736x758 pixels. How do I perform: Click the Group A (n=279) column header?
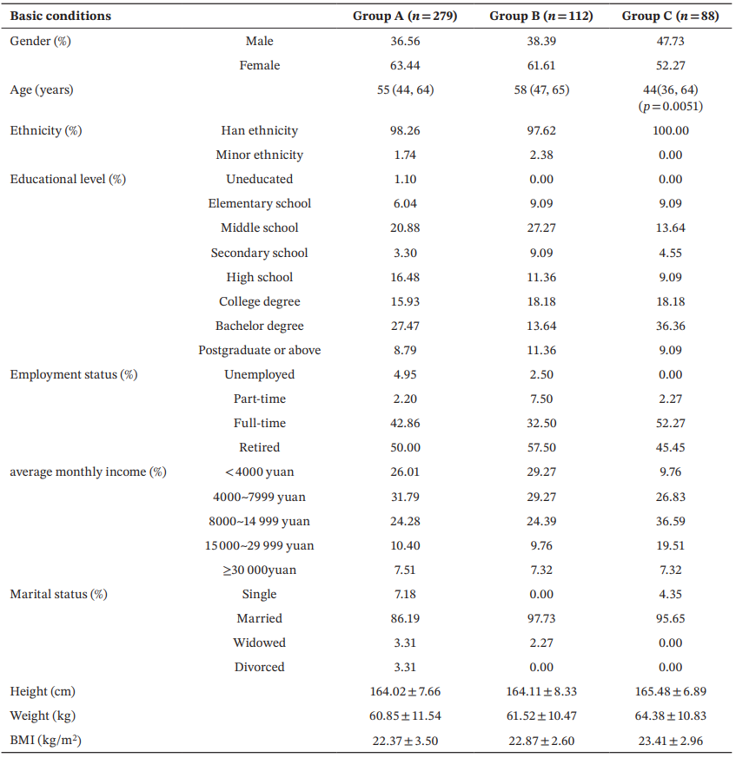tap(405, 16)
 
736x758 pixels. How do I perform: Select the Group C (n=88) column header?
tap(670, 16)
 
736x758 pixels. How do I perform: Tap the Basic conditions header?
tap(61, 16)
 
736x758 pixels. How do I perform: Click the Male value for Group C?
tap(670, 41)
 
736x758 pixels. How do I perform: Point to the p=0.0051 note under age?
tap(670, 106)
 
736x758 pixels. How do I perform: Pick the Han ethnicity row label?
tap(259, 130)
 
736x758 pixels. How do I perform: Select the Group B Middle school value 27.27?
tap(541, 227)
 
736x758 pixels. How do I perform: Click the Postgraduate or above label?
tap(259, 350)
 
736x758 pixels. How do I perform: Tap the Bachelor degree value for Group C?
tap(670, 326)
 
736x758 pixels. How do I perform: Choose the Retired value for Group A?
tap(405, 447)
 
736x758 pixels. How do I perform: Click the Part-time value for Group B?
tap(541, 399)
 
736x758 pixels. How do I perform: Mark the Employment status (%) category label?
tap(74, 374)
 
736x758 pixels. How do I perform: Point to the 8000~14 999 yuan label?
tap(259, 521)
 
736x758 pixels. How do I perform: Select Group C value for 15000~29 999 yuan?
tap(670, 545)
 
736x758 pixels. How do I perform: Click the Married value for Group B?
tap(541, 618)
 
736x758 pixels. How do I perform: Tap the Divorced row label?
tap(259, 667)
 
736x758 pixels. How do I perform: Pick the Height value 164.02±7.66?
tap(405, 691)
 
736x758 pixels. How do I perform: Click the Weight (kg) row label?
tap(43, 716)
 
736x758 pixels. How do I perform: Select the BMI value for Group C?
tap(670, 741)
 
